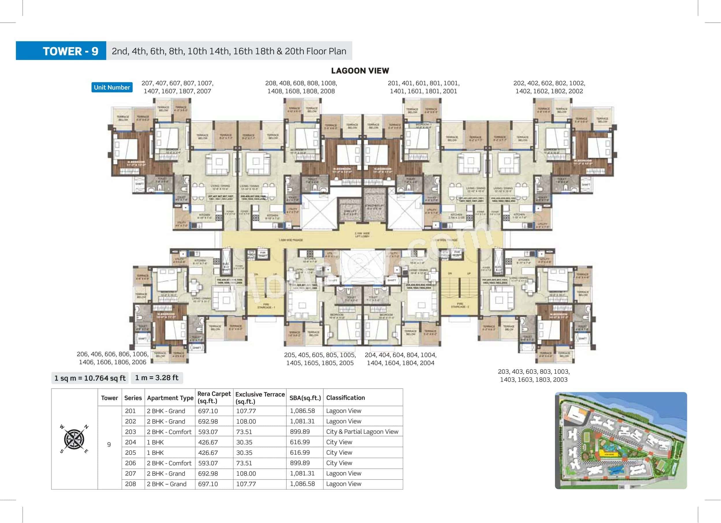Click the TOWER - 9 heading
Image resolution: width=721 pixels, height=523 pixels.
coord(70,51)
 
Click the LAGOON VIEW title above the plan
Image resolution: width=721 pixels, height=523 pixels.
coord(360,70)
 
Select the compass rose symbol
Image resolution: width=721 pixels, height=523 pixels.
coord(74,439)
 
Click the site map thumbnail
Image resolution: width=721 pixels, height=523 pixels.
coord(621,440)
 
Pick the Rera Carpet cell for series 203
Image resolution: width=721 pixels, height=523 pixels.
coord(208,432)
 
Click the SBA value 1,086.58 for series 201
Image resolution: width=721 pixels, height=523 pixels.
coord(302,411)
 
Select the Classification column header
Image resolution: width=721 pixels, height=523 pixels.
coord(345,398)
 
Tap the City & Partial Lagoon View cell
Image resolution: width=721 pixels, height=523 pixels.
coord(362,432)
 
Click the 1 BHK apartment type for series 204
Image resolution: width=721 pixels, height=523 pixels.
coord(155,442)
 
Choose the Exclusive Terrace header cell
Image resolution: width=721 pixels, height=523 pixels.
coord(259,398)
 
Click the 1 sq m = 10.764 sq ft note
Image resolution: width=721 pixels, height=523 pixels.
coord(90,378)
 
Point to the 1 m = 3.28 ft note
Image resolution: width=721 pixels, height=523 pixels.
coord(157,378)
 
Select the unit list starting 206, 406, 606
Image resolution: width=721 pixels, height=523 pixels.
coord(113,358)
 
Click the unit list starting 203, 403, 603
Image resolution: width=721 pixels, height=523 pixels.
coord(533,376)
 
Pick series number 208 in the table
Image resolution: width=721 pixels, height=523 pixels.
coord(130,484)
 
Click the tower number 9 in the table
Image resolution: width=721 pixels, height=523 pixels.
coord(109,444)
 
